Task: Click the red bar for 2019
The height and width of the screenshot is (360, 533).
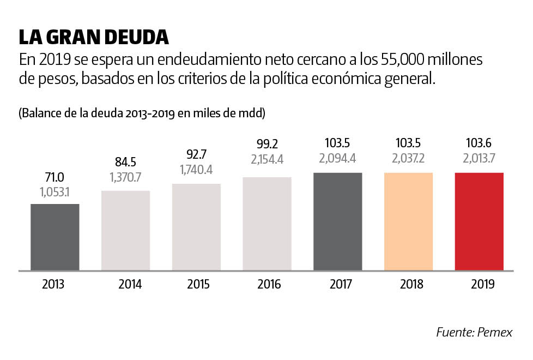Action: [x=479, y=221]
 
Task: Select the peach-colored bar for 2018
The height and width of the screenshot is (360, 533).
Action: [x=408, y=221]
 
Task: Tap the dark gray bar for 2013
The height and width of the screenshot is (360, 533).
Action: [x=54, y=237]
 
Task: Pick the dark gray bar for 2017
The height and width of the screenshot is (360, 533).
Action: [x=337, y=221]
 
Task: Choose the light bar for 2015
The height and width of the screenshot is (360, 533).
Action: [x=196, y=227]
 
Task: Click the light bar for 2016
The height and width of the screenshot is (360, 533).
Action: [x=267, y=224]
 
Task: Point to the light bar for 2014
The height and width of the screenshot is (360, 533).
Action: [x=125, y=230]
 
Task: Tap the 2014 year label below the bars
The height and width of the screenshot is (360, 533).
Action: [x=130, y=285]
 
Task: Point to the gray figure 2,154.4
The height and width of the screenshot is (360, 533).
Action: [x=267, y=160]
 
